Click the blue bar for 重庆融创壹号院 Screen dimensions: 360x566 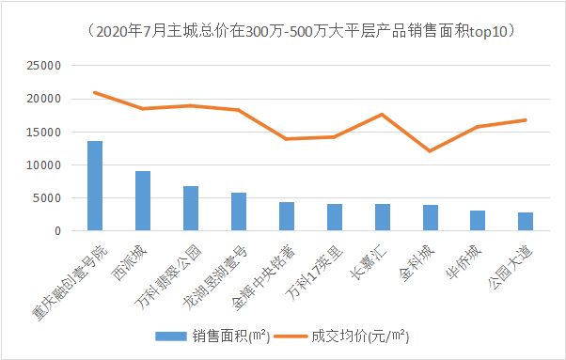pyautogui.click(x=95, y=186)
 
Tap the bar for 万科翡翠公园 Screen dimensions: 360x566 pyautogui.click(x=191, y=209)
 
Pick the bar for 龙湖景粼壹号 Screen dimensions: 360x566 pyautogui.click(x=239, y=211)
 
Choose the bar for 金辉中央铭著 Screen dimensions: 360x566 pyautogui.click(x=287, y=216)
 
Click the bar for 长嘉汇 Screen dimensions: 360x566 pyautogui.click(x=383, y=217)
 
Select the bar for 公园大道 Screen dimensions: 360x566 pyautogui.click(x=526, y=222)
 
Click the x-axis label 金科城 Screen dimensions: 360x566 pyautogui.click(x=418, y=258)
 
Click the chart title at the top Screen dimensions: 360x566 pyautogui.click(x=283, y=31)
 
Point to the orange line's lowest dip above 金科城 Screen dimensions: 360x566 pyautogui.click(x=430, y=150)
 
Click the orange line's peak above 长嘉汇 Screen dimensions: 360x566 pyautogui.click(x=382, y=115)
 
